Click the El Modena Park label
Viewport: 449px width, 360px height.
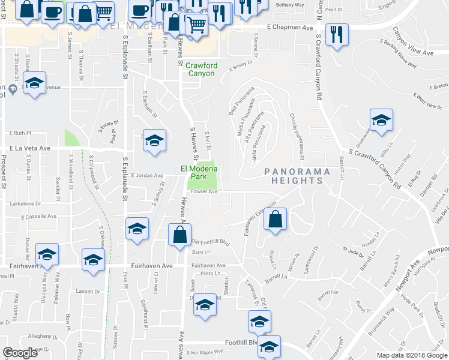pos(197,172)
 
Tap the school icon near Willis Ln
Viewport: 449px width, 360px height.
pos(381,121)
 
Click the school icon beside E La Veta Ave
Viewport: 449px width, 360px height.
pos(154,140)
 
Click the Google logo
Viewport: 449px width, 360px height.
pos(20,353)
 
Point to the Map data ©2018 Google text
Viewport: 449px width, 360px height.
pos(411,355)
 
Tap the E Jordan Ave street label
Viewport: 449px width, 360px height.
pos(147,176)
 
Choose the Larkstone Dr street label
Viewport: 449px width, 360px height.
pos(25,204)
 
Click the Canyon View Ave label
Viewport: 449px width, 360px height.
pos(412,53)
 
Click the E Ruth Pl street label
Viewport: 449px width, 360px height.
pos(19,133)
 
